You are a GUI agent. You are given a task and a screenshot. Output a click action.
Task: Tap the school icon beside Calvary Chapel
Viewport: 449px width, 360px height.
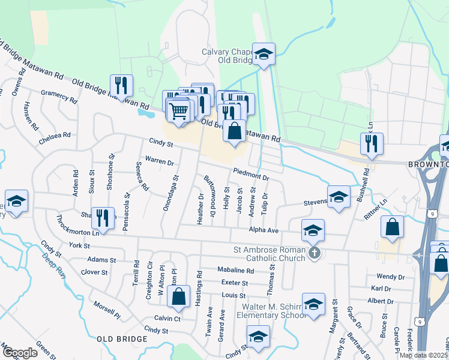point(263,55)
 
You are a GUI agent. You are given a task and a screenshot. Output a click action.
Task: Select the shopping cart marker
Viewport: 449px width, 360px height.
point(178,110)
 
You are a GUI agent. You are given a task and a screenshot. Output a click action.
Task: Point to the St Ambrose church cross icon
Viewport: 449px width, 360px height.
point(313,253)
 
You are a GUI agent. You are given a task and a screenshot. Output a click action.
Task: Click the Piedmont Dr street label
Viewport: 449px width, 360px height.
point(251,175)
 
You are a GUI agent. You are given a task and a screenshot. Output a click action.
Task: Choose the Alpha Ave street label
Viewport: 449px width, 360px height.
point(265,230)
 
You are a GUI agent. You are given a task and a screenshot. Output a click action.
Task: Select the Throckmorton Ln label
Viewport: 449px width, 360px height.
point(77,232)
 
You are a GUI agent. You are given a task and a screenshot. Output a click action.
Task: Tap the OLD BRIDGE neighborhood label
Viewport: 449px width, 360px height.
point(122,339)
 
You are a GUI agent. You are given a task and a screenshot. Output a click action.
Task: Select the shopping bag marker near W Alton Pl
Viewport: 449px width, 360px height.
point(178,296)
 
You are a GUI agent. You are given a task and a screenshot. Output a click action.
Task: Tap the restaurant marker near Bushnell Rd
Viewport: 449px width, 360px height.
point(372,144)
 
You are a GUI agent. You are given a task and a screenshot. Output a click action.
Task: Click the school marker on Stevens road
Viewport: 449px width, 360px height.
point(339,197)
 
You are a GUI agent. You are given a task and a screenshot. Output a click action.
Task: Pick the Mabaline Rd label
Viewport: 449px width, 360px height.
point(235,271)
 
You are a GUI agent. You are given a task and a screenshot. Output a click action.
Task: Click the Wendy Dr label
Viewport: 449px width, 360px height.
point(390,277)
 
